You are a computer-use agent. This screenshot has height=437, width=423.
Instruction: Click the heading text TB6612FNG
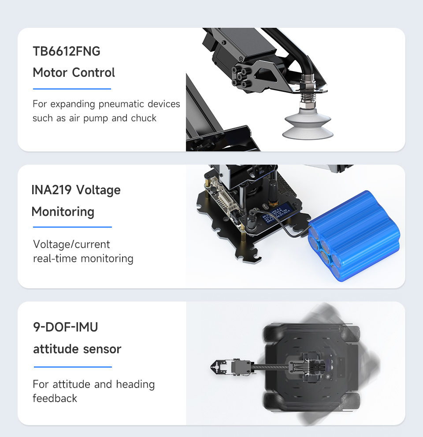(x=67, y=51)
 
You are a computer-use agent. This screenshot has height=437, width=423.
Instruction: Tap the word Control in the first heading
(x=93, y=72)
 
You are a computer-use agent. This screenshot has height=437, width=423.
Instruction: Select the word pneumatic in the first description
(x=122, y=104)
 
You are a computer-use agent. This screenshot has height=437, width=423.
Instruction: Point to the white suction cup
(x=308, y=124)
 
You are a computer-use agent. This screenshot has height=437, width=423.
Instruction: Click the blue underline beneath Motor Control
(x=72, y=89)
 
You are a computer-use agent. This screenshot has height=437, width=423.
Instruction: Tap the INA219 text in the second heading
(x=52, y=190)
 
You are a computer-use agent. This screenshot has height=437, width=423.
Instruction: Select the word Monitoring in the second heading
(x=63, y=212)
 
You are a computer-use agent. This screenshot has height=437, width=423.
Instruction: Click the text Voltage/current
(x=71, y=245)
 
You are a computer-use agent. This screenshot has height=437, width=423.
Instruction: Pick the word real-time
(x=55, y=258)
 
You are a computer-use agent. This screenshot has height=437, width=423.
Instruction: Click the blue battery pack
(x=354, y=236)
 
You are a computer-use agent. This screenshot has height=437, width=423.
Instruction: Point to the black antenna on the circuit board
(x=272, y=191)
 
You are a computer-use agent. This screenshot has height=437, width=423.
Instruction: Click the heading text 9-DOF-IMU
(x=65, y=327)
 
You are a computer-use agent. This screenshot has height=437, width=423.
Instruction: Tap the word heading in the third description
(x=135, y=384)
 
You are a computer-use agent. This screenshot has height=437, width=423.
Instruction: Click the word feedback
(x=55, y=398)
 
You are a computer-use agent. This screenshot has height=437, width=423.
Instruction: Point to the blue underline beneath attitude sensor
(x=73, y=367)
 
